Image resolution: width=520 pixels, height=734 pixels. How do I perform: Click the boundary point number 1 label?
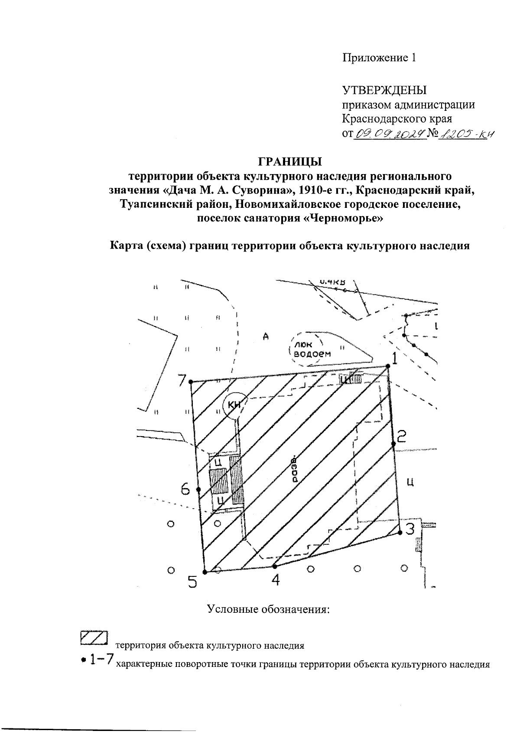(394, 358)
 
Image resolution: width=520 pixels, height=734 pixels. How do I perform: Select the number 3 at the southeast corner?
(409, 529)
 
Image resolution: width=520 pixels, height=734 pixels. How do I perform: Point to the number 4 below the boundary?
(275, 580)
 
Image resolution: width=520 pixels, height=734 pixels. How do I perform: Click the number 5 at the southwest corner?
(192, 582)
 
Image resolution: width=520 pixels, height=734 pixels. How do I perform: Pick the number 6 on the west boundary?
(186, 490)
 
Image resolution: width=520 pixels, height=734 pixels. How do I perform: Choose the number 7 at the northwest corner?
(182, 381)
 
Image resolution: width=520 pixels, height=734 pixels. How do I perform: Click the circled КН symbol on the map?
(234, 405)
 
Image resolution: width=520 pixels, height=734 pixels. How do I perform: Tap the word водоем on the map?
(312, 353)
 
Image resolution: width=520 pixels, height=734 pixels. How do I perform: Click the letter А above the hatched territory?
(266, 336)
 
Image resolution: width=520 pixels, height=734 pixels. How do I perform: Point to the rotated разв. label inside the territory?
(295, 469)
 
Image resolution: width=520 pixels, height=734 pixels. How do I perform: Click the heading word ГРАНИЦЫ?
(291, 162)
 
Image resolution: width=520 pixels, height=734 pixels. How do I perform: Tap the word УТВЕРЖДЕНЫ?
(385, 90)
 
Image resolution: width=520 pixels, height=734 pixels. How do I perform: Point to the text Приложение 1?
(379, 58)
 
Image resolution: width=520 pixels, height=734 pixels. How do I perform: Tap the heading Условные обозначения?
(269, 609)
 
